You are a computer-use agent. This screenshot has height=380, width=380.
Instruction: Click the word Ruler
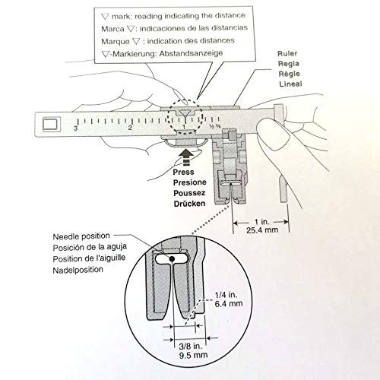[x=287, y=53]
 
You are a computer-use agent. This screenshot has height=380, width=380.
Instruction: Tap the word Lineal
[x=290, y=84]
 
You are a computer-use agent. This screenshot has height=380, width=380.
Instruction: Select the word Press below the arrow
[x=183, y=172]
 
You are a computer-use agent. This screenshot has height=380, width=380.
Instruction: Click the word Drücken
[x=189, y=204]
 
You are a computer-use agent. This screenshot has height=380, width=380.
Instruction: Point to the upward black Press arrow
[x=187, y=157]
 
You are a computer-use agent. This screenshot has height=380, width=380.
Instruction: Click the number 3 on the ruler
[x=75, y=128]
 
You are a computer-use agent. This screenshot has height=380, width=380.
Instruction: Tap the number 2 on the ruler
[x=130, y=128]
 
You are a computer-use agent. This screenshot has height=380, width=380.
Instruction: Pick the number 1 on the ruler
[x=185, y=127]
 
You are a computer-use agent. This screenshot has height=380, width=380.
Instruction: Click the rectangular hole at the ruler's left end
[x=52, y=125]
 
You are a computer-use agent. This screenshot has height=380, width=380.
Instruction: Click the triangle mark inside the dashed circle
[x=185, y=113]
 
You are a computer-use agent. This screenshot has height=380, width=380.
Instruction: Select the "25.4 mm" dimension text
[x=262, y=230]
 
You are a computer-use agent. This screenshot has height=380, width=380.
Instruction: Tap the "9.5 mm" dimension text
[x=193, y=355]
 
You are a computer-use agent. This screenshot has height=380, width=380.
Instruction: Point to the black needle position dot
[x=172, y=258]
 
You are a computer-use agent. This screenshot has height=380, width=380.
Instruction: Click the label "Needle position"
[x=81, y=236]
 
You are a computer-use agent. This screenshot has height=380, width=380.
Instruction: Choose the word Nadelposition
[x=78, y=270]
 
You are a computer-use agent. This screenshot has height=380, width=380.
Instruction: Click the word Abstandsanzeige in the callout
[x=192, y=53]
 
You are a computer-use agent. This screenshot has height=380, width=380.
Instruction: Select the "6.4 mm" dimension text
[x=229, y=303]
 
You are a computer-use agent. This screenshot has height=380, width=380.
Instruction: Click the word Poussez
[x=189, y=193]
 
